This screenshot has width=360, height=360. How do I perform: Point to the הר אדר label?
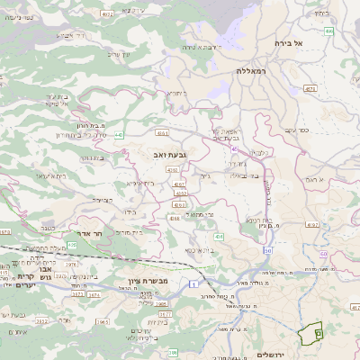[x=93, y=230]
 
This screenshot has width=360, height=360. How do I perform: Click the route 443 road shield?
[x=117, y=134]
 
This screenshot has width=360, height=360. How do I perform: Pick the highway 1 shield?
[x=192, y=284]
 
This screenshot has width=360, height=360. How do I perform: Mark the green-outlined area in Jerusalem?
[x=311, y=333]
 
